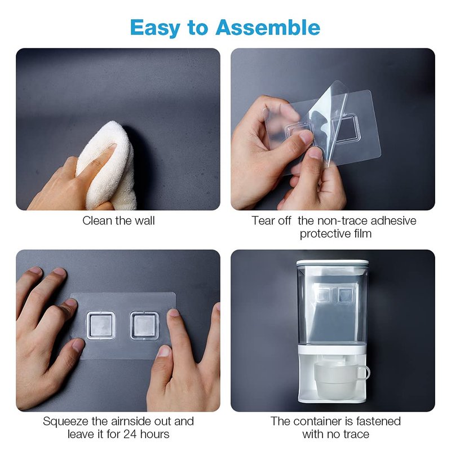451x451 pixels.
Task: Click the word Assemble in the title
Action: pos(268,27)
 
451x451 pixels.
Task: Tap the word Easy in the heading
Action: pos(155,28)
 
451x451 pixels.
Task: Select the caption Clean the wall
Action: pos(118,221)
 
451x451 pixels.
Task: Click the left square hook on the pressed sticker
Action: pos(101,325)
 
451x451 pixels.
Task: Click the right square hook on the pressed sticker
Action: pos(144,325)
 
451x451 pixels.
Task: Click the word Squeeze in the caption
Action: pos(66,422)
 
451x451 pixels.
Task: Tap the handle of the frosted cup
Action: pos(364,373)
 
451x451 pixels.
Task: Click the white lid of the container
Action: pos(333,263)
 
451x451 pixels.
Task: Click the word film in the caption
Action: pos(362,233)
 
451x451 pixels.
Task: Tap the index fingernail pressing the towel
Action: pos(112,146)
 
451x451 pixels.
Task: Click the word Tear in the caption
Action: pos(263,221)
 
